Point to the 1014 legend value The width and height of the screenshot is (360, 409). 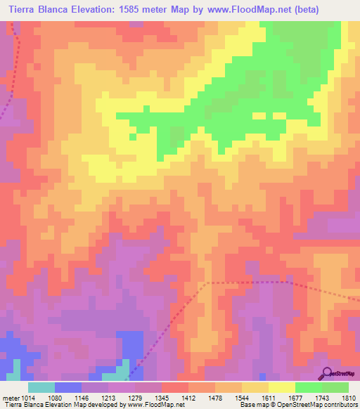(x=22, y=397)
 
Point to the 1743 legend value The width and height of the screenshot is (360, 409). (x=323, y=397)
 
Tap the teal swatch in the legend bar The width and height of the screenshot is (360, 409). (x=41, y=387)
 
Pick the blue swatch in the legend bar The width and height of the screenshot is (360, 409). (x=68, y=387)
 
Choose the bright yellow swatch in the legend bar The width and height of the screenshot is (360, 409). (x=282, y=387)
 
